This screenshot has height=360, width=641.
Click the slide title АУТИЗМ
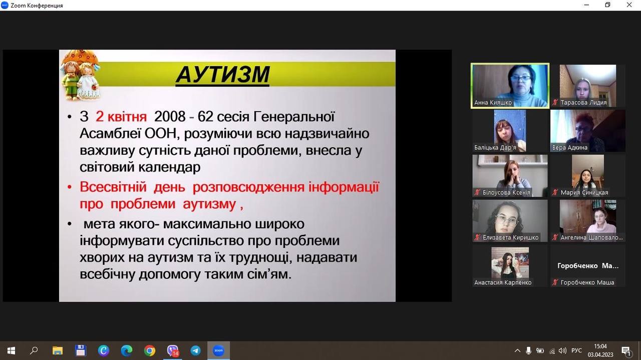(223, 75)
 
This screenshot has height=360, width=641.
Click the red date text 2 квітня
(121, 117)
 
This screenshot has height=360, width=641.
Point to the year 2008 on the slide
(170, 117)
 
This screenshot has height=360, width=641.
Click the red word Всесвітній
(113, 187)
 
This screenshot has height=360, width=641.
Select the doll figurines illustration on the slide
(80, 76)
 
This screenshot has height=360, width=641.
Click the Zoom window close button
(629, 5)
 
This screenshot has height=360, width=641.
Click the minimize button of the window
(586, 5)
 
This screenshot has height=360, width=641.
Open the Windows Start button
(11, 350)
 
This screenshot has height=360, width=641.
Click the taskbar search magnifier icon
(34, 350)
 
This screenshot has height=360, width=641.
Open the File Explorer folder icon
(58, 350)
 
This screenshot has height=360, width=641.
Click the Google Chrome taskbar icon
(149, 350)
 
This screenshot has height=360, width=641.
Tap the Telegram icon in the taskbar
(195, 350)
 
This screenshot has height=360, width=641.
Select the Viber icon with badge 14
(173, 351)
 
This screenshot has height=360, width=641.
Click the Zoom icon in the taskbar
(218, 350)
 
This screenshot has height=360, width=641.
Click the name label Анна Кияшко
(493, 103)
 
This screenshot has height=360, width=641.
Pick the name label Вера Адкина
(569, 148)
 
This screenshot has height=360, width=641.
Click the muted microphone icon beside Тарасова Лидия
(555, 102)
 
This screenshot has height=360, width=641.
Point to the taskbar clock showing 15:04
(600, 346)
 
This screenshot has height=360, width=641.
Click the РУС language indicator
(576, 350)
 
